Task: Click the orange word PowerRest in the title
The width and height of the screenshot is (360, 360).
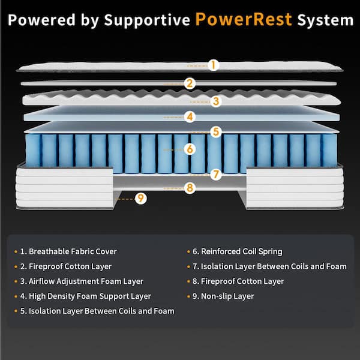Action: click(244, 19)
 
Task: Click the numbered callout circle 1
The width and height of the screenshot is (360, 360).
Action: click(214, 64)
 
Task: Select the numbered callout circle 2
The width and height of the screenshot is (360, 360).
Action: click(190, 83)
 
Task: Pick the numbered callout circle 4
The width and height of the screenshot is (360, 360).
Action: click(190, 116)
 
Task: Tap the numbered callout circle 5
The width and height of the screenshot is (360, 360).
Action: click(216, 131)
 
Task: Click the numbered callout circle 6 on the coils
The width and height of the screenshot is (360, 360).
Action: click(190, 148)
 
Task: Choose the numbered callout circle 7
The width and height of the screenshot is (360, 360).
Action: click(216, 175)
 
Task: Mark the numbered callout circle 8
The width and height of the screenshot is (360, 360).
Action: click(190, 188)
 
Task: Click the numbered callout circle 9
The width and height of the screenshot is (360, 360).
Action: click(140, 198)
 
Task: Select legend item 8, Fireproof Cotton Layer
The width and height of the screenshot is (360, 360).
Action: click(241, 281)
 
